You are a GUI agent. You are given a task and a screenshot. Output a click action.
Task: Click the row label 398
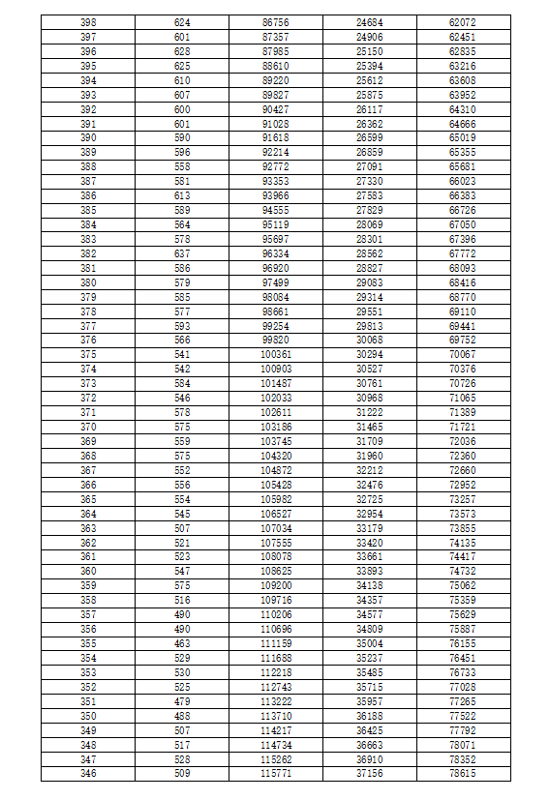[x=88, y=21]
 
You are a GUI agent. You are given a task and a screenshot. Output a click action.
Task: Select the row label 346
[x=88, y=774]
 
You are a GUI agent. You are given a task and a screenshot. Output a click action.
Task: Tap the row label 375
[x=88, y=354]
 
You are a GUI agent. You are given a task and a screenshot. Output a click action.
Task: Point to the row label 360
[x=88, y=571]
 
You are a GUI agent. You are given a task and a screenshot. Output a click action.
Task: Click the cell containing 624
[x=182, y=21]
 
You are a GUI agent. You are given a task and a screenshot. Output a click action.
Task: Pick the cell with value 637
[x=182, y=252]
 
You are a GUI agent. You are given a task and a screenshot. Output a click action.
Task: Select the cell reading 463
[x=182, y=643]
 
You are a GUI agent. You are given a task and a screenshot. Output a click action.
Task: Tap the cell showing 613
[x=182, y=195]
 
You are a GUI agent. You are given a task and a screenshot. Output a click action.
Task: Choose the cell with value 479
[x=182, y=701]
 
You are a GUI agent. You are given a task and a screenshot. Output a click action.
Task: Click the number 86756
[x=276, y=21]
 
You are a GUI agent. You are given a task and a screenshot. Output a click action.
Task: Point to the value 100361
[x=276, y=354]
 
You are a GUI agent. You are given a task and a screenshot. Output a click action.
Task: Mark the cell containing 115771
[x=276, y=774]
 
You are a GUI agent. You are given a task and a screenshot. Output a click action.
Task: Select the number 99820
[x=276, y=340]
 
